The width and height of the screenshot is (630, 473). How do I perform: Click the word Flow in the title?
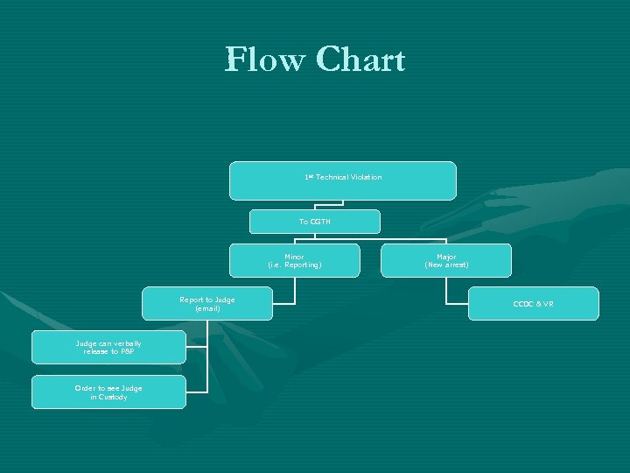[265, 60]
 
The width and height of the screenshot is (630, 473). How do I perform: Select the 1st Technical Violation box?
[342, 180]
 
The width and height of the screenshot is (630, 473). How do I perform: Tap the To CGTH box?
[314, 222]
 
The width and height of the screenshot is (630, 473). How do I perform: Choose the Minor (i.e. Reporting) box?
[294, 260]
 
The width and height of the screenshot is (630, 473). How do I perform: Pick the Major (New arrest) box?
[446, 260]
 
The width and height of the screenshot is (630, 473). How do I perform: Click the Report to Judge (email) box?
[207, 304]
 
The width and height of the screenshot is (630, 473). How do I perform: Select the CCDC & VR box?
[533, 304]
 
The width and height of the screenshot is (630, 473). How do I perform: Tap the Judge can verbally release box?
[108, 347]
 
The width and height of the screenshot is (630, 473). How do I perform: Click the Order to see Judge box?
[108, 392]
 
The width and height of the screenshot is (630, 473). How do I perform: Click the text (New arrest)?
[446, 265]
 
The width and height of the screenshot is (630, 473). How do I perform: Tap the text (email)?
[207, 308]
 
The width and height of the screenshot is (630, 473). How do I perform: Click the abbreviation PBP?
[127, 351]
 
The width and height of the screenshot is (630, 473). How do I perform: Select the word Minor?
[294, 257]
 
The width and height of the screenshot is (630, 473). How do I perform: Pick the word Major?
[446, 257]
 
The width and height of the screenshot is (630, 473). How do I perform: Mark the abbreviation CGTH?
[320, 222]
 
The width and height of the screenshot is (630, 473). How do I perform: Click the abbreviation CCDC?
[523, 304]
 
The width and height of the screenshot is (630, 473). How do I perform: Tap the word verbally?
[127, 343]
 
